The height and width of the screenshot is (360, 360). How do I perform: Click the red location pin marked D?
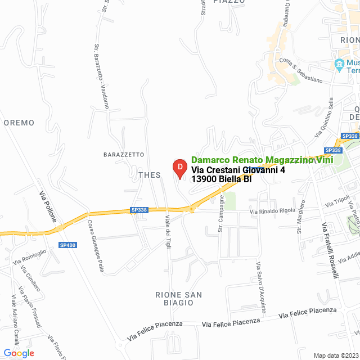click(x=179, y=168)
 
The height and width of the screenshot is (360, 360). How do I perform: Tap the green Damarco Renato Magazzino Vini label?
click(x=262, y=160)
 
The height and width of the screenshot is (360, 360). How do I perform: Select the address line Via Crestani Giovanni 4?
click(x=238, y=170)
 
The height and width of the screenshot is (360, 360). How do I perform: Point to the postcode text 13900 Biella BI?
click(x=221, y=179)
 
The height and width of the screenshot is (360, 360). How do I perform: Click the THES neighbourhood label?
click(x=149, y=175)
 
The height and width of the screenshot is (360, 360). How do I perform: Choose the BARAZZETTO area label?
click(x=124, y=154)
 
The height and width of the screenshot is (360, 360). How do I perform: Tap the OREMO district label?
click(x=19, y=123)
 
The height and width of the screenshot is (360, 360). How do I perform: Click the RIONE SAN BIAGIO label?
click(x=178, y=299)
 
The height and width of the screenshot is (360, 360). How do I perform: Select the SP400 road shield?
click(x=67, y=245)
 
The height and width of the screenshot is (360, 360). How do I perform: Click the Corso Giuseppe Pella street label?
click(x=96, y=246)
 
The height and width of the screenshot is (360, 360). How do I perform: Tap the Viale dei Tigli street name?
click(x=168, y=231)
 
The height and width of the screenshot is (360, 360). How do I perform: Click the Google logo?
click(x=19, y=353)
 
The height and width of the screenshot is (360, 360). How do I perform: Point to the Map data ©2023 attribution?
click(x=335, y=355)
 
